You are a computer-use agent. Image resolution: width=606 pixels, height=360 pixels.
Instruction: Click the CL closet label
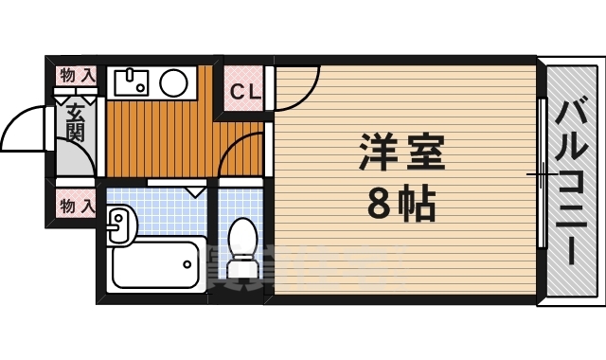pos(245,91)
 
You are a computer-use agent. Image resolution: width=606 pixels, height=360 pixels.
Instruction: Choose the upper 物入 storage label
pos(77,74)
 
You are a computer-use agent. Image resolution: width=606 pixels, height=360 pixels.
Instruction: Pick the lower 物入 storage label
pos(77,203)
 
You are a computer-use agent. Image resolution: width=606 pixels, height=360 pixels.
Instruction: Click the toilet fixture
pos(243,249)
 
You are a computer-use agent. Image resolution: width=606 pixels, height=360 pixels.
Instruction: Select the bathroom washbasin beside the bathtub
pos(120,225)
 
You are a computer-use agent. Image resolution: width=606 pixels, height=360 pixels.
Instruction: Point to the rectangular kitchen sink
pos(132,83)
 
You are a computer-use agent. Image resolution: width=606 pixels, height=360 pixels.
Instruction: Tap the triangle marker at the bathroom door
pos(196,191)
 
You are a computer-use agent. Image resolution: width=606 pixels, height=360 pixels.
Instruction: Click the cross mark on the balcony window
pos(540,174)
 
